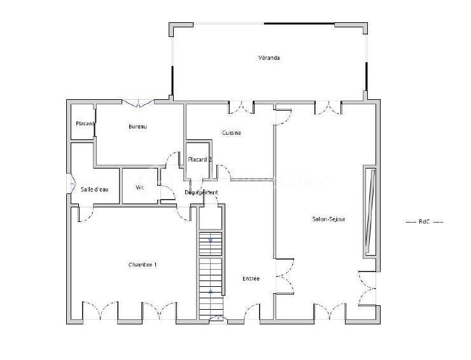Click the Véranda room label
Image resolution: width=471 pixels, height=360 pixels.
click(x=269, y=58)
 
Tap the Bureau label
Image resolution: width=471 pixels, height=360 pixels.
click(x=137, y=127)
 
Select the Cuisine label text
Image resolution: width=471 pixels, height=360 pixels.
click(x=231, y=133)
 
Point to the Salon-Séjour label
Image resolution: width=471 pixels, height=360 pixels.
click(x=328, y=219)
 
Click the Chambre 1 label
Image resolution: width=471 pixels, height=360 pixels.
click(x=143, y=265)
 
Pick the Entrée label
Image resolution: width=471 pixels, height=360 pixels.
click(x=251, y=279)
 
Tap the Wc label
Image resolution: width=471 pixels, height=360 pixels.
click(x=140, y=188)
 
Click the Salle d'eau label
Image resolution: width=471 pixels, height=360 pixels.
click(x=95, y=190)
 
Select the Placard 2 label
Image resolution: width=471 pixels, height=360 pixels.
click(x=199, y=160)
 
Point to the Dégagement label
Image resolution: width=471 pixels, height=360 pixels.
click(x=201, y=192)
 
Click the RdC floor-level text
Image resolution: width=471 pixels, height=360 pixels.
click(x=425, y=221)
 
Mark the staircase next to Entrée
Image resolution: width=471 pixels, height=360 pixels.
click(x=211, y=273)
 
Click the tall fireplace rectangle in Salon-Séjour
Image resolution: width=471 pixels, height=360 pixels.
click(x=369, y=211)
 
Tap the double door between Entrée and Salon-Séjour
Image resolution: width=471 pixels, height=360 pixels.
click(x=283, y=278)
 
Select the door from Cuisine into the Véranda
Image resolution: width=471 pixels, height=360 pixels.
click(x=241, y=107)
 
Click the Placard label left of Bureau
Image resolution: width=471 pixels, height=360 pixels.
click(x=85, y=123)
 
